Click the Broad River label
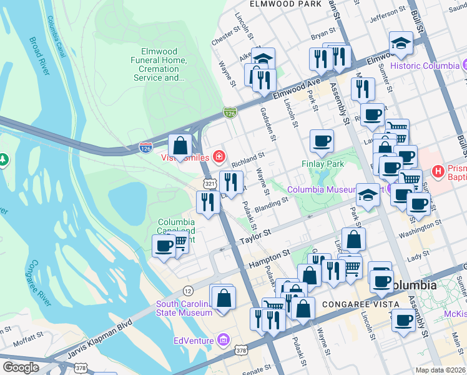pyautogui.click(x=38, y=56)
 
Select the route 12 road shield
pyautogui.click(x=187, y=290)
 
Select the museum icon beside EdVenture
pyautogui.click(x=223, y=340)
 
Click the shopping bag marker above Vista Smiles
pyautogui.click(x=180, y=146)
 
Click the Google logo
pyautogui.click(x=21, y=367)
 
